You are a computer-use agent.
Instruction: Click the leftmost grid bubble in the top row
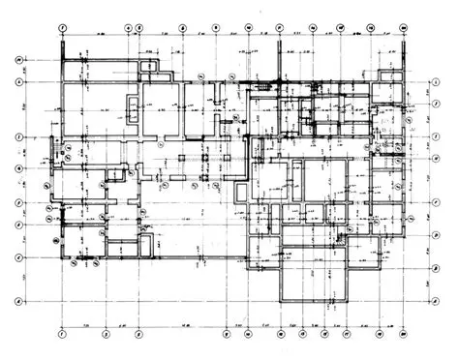tap(61, 28)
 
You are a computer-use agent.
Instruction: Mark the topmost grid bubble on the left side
tap(18, 61)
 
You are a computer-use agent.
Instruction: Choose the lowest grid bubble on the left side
tap(18, 302)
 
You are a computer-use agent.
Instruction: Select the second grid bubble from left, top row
tap(129, 28)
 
